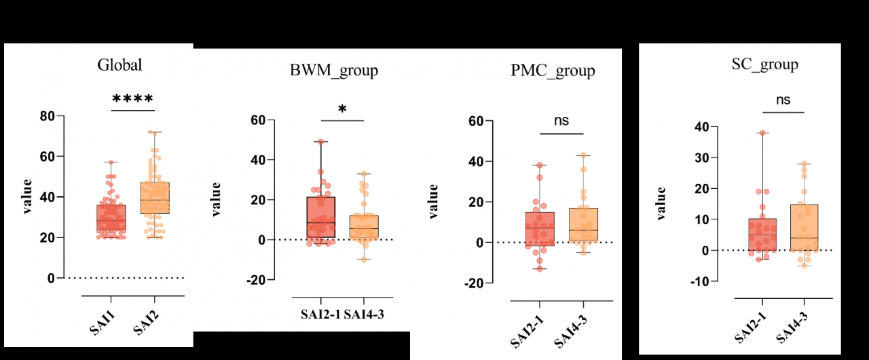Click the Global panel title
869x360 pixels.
pyautogui.click(x=119, y=65)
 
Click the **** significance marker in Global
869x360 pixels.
pyautogui.click(x=133, y=99)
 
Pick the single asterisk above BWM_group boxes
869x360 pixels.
pyautogui.click(x=342, y=110)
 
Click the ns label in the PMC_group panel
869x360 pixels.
pyautogui.click(x=561, y=121)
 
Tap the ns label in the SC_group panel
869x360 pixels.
pyautogui.click(x=783, y=100)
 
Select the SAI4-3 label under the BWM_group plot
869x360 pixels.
pyautogui.click(x=365, y=315)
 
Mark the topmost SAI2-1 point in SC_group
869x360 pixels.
pyautogui.click(x=762, y=133)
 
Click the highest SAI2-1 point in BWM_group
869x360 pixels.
pyautogui.click(x=320, y=141)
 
